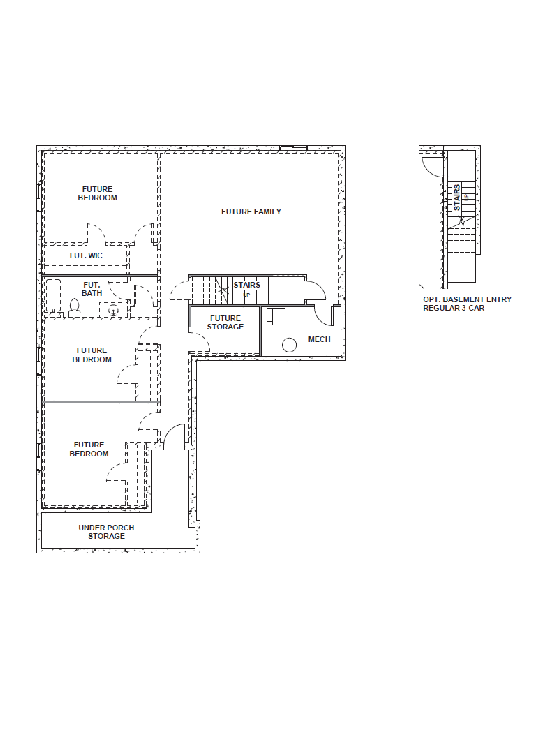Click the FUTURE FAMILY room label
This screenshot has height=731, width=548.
tap(251, 212)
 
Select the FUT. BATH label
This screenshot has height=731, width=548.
tap(92, 289)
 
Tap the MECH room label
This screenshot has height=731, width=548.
tap(319, 339)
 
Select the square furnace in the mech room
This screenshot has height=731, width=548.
tap(276, 316)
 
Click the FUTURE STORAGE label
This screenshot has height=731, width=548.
tap(225, 323)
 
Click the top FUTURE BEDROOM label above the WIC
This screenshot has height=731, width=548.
tap(97, 193)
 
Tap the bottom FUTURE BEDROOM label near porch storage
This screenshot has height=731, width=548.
tap(89, 449)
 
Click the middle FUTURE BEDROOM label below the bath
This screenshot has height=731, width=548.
tap(92, 355)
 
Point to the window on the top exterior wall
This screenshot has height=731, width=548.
tap(293, 148)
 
